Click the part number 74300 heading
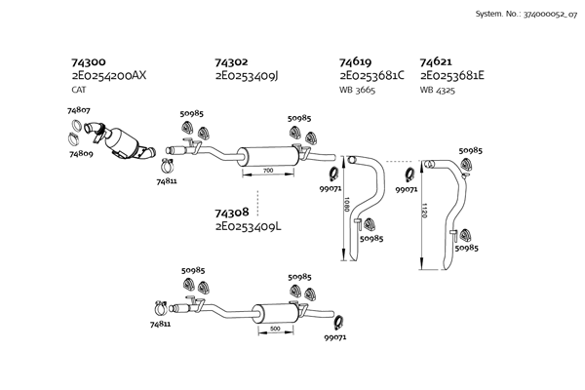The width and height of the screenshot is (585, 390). (88, 60)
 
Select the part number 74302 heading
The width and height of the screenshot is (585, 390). (231, 60)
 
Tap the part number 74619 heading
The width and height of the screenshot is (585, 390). (356, 60)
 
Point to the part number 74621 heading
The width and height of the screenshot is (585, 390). (436, 60)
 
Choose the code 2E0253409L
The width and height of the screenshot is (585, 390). (248, 226)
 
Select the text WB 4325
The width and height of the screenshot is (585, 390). (439, 90)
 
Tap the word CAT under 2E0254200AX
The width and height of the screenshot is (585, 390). (79, 90)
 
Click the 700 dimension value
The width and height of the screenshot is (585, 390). (268, 171)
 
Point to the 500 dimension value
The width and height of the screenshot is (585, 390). (275, 329)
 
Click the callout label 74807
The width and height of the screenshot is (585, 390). (79, 112)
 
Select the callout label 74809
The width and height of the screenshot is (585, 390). (81, 152)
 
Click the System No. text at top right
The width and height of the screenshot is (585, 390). (526, 16)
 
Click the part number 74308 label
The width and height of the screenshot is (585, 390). (231, 212)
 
